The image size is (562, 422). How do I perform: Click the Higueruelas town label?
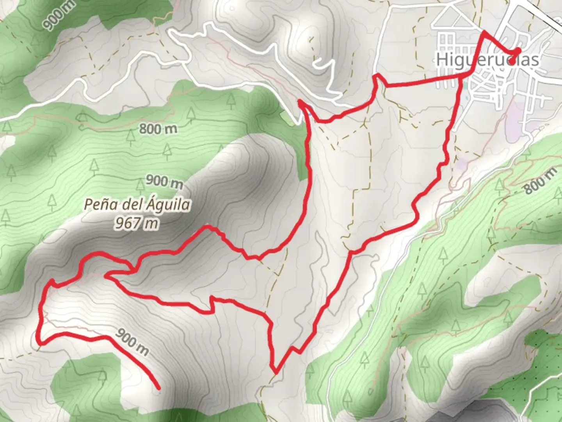(487, 60)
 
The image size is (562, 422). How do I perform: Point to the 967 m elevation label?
(137, 224)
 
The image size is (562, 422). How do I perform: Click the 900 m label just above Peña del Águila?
(164, 181)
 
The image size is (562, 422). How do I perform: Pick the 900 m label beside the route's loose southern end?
(132, 342)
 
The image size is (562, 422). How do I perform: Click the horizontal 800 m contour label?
(158, 128)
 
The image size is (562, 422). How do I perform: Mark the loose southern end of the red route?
(158, 388)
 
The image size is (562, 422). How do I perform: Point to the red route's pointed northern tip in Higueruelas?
(484, 31)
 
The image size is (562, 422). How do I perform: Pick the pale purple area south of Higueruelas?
(517, 117)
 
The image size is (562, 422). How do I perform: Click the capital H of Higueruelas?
(441, 60)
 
